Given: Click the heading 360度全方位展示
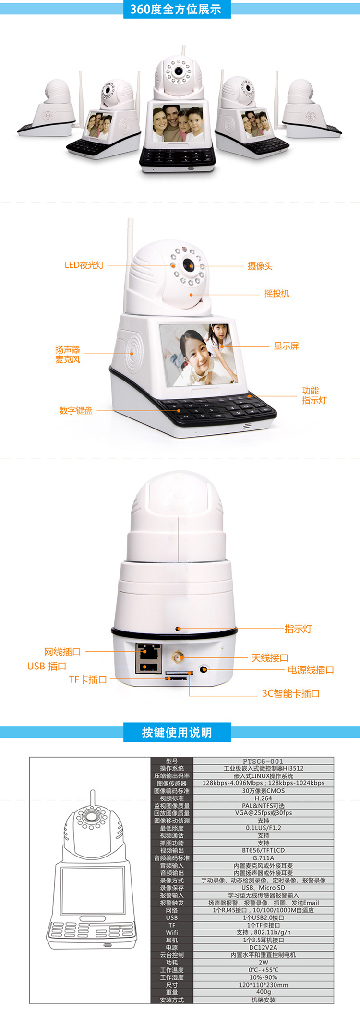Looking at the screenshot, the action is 176,9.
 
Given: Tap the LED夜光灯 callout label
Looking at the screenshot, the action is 84,265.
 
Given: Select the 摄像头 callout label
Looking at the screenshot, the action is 260,266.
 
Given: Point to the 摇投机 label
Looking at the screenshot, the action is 277,294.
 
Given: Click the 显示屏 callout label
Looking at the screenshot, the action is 286,346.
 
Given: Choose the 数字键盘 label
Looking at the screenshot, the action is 76,411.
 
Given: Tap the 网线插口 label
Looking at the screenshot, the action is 62,652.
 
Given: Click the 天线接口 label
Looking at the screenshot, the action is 270,658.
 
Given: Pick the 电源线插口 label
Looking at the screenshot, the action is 311,670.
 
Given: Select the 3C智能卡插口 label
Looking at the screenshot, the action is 291,693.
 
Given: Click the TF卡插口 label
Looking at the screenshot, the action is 88,679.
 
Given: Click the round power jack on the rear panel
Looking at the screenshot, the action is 204,669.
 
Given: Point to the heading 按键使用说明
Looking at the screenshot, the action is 177,733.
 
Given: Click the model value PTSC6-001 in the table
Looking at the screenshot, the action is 263,761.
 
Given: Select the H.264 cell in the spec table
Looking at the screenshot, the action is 264,798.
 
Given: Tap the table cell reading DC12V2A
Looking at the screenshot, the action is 264,947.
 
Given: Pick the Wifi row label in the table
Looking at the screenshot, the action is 172,932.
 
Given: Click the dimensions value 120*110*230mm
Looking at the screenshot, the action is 264,985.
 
